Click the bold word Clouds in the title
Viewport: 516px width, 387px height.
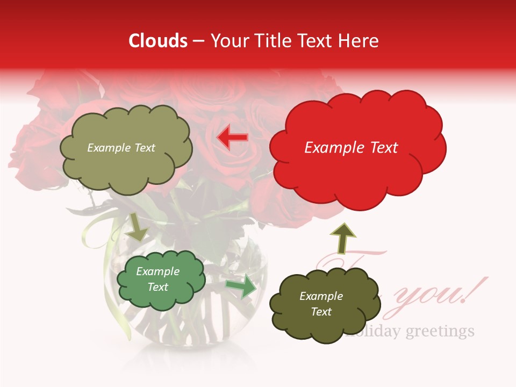(x=158, y=41)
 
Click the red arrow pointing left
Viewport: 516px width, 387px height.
(x=232, y=138)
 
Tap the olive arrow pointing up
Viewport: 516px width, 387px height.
(x=342, y=237)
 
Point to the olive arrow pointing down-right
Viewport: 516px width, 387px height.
(x=138, y=227)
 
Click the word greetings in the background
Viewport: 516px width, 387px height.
(x=440, y=331)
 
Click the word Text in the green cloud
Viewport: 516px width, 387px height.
(x=158, y=287)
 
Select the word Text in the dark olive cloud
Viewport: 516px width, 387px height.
(x=321, y=312)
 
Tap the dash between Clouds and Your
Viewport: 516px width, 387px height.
(x=198, y=41)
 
